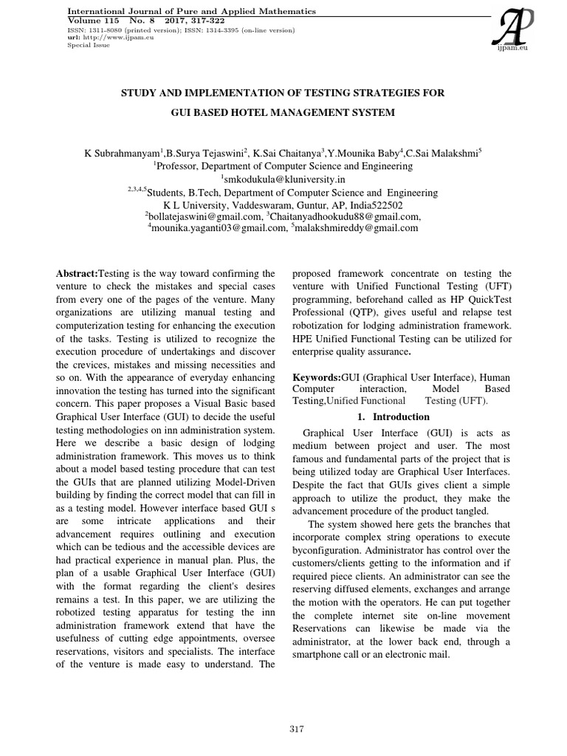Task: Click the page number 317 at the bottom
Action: tap(297, 729)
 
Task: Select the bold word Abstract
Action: tap(77, 273)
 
